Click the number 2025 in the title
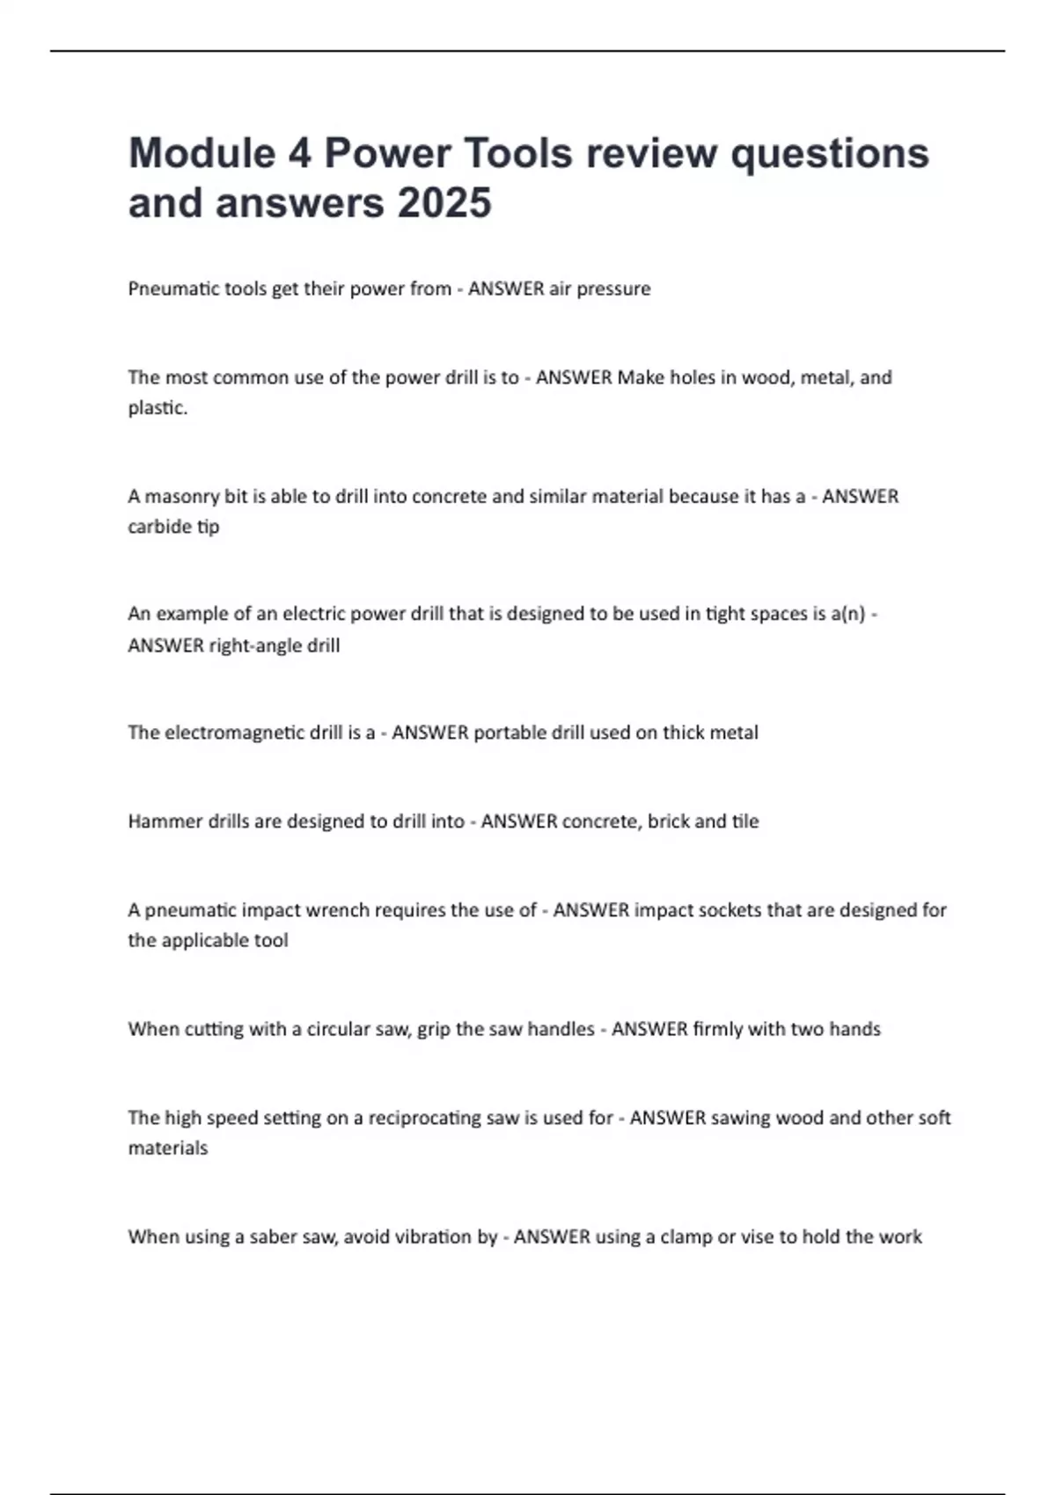tap(444, 202)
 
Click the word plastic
tap(157, 408)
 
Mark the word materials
tap(167, 1148)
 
